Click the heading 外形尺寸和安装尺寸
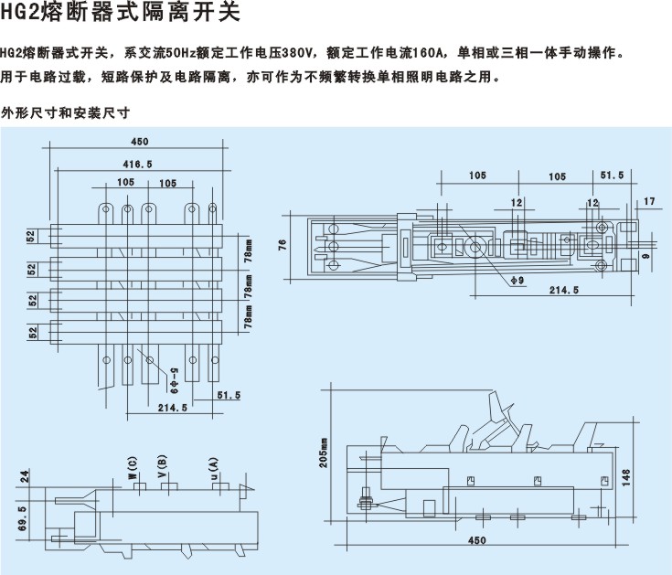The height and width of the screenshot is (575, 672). (x=65, y=113)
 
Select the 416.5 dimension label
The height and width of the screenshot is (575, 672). (x=138, y=162)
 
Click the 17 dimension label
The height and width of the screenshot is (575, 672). (x=649, y=200)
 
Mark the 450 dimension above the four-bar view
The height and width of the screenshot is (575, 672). (x=139, y=142)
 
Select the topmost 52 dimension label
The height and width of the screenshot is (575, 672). (x=32, y=238)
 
